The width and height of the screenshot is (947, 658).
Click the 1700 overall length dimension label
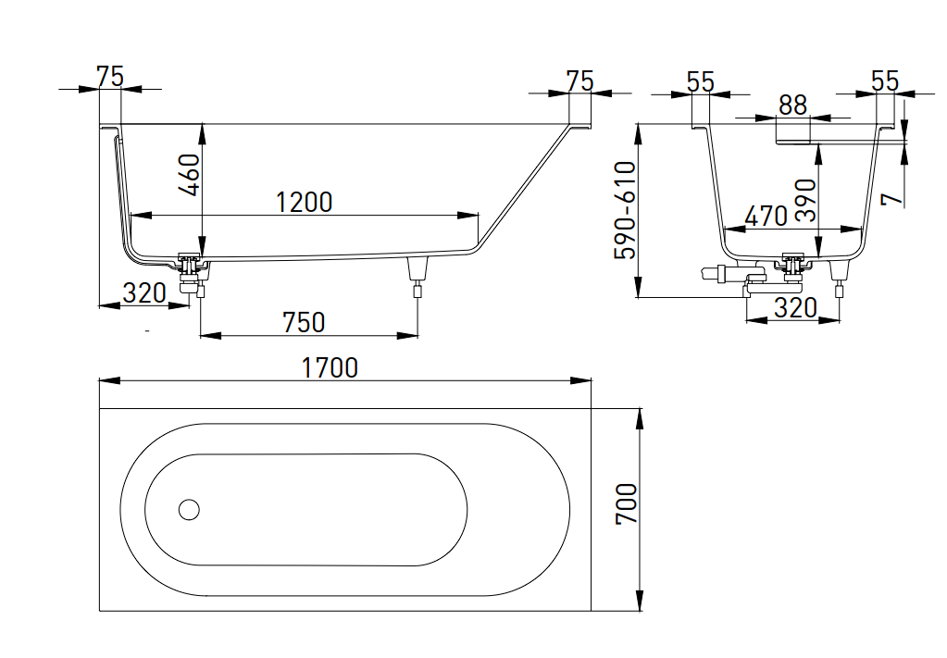coord(330,367)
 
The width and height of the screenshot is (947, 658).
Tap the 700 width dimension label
coord(627,504)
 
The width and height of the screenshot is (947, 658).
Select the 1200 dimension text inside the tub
coord(304,201)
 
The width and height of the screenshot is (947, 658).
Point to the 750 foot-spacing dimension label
coord(304,321)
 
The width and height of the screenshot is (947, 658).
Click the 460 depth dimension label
coord(188,174)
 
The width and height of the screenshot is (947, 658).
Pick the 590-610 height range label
coord(627,210)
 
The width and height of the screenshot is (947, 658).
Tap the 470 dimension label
coord(766,216)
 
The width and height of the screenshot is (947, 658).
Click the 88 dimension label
coord(792,106)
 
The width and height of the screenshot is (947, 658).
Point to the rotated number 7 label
coord(891,199)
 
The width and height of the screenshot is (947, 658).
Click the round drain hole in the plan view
coord(189,509)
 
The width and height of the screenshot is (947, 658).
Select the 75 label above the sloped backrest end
coord(579,81)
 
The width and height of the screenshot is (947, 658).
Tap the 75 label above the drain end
coord(109,77)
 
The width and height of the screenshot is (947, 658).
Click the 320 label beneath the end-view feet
coord(795,308)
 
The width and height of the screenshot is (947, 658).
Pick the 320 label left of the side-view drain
coord(144,293)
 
